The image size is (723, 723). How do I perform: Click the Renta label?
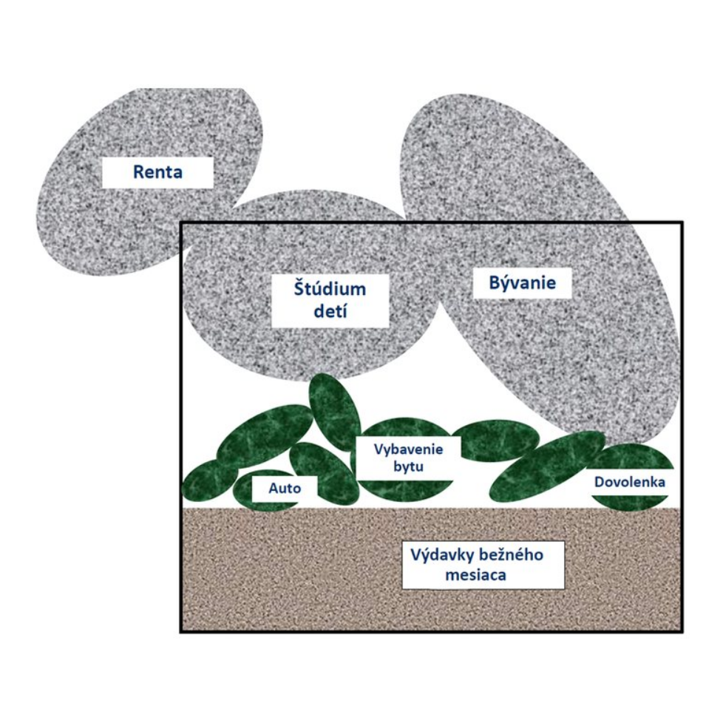[x=157, y=172]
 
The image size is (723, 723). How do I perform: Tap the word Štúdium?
[x=330, y=289]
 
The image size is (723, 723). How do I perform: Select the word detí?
[x=330, y=311]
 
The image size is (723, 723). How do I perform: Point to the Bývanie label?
[x=523, y=282]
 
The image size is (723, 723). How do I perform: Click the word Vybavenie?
[x=408, y=449]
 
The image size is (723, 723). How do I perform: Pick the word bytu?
[x=408, y=466]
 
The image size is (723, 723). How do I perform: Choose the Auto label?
[x=285, y=489]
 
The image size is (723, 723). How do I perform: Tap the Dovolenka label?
[x=630, y=482]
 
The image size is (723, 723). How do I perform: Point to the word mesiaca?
[x=476, y=575]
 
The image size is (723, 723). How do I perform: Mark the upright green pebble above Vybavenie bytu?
[x=335, y=412]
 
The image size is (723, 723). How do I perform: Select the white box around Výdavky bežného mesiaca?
[x=483, y=565]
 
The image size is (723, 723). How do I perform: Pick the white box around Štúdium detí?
[x=330, y=301]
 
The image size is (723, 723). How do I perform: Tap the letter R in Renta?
[x=138, y=172]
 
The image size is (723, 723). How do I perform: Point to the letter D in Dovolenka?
[x=599, y=482]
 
